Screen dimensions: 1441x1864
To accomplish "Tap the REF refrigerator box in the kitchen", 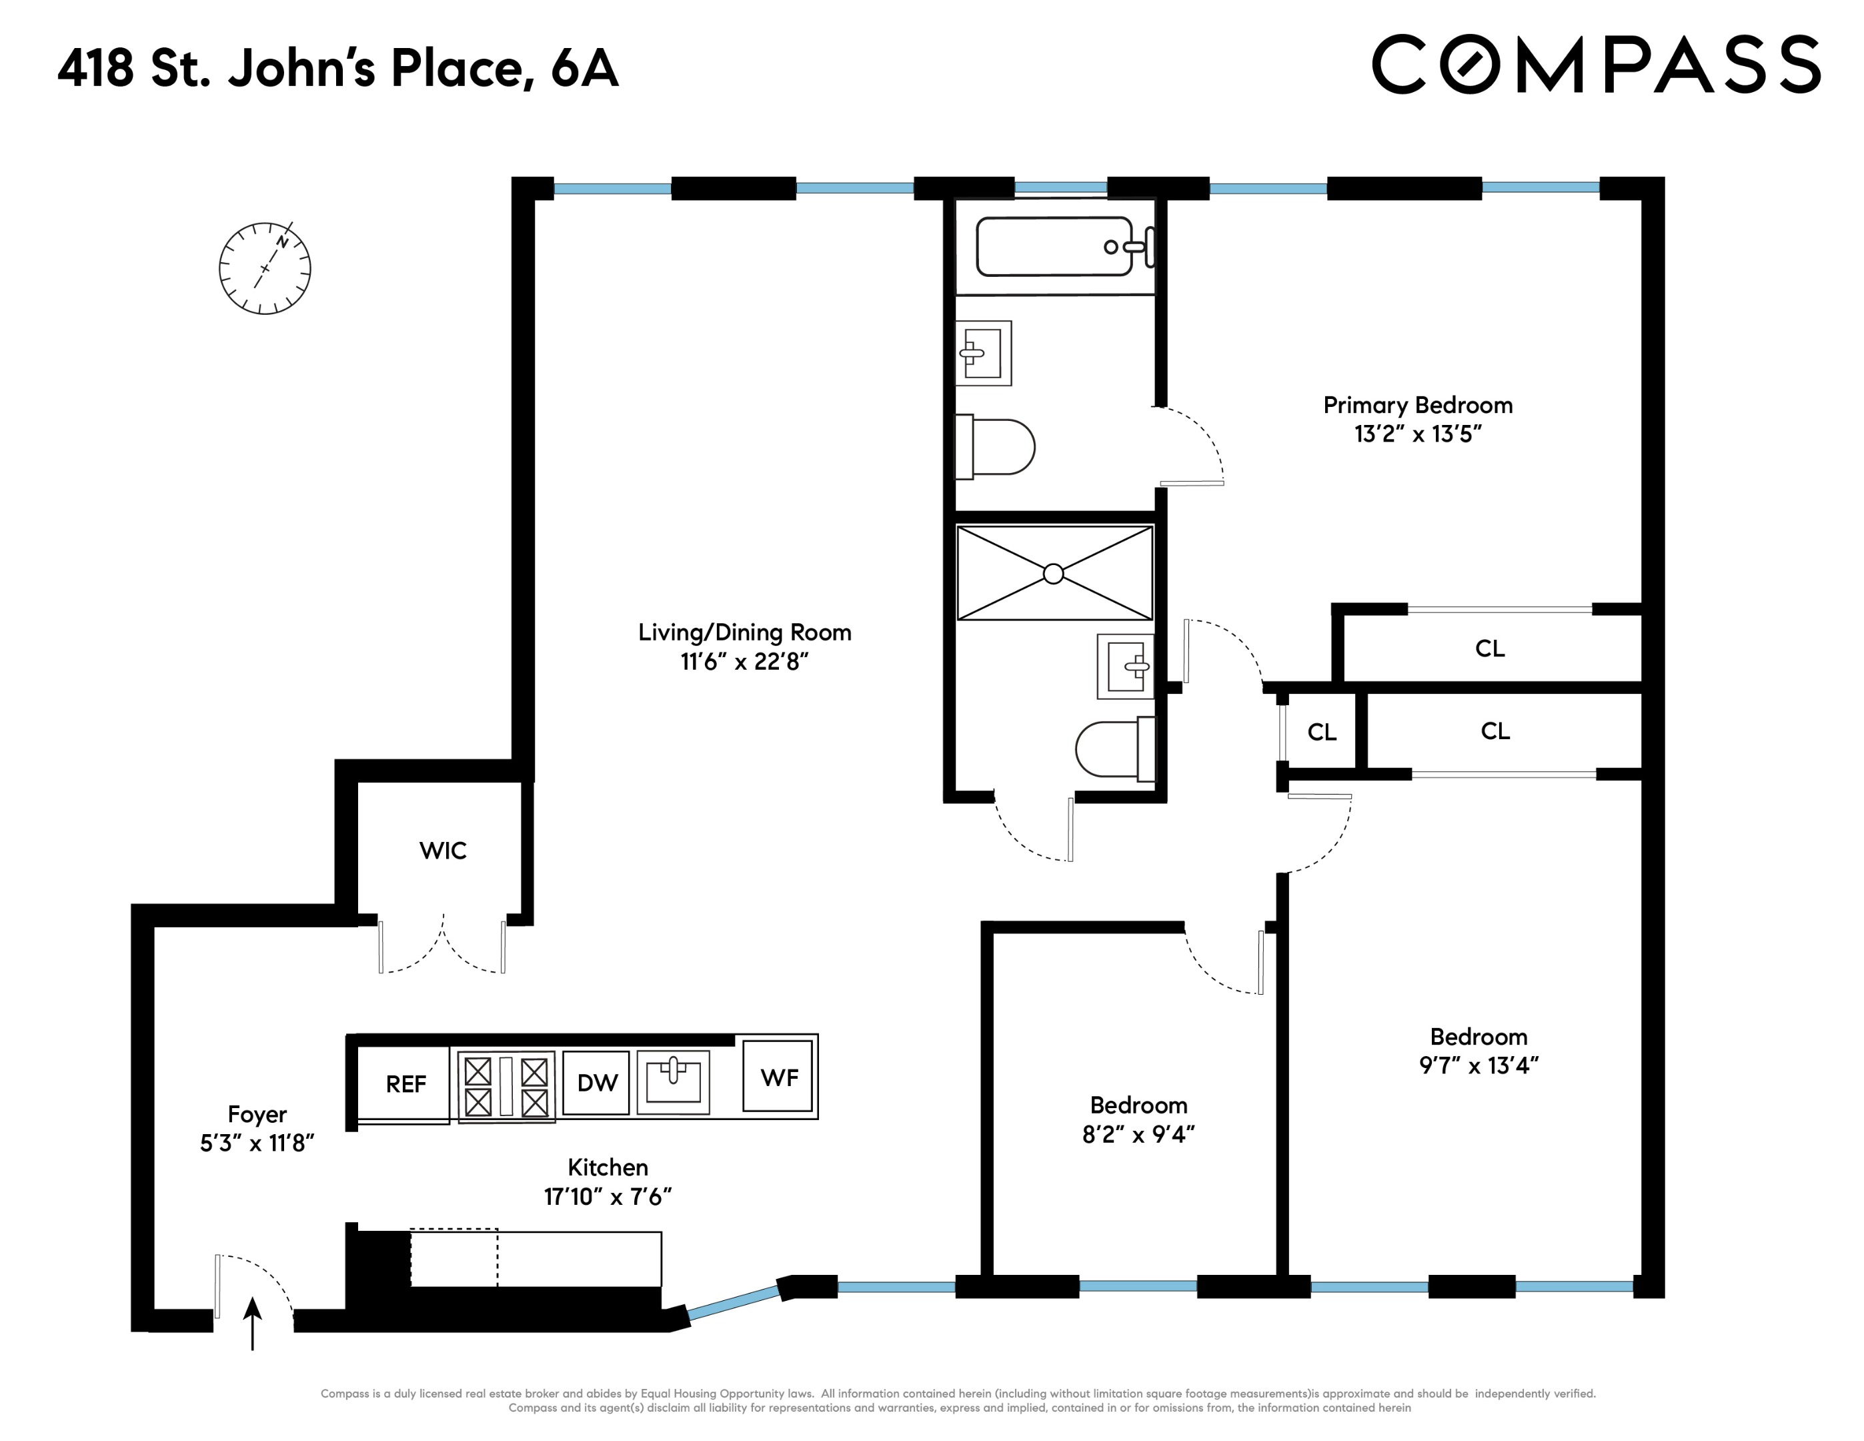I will (405, 1084).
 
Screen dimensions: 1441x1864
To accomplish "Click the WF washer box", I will (778, 1077).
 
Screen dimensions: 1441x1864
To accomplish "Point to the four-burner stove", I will (506, 1086).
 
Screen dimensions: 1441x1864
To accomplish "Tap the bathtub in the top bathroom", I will (1055, 247).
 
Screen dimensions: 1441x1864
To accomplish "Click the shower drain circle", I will (1053, 574).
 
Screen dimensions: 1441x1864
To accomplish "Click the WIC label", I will (443, 851).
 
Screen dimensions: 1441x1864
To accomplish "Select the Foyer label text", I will (257, 1114).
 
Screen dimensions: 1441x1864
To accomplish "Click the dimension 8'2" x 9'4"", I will (1138, 1135).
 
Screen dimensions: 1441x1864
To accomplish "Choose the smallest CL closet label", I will (1321, 733).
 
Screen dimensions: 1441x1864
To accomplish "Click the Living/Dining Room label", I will (744, 632).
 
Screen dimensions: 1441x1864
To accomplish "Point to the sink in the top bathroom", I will (982, 352).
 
